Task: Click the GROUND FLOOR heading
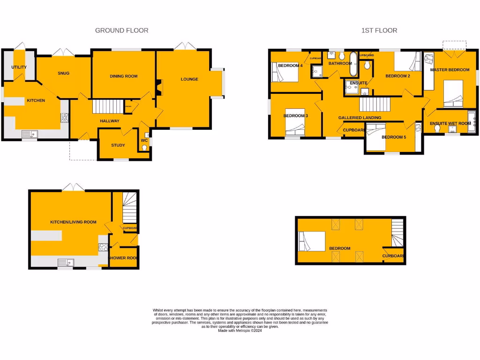(121, 30)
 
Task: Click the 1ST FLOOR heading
(379, 30)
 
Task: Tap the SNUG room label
(64, 73)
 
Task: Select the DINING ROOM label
(123, 76)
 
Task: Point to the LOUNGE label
(189, 79)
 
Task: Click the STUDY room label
(118, 145)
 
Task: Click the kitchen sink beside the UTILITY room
(30, 135)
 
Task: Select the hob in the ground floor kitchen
(65, 118)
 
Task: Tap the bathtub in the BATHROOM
(353, 64)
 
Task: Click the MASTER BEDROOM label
(450, 70)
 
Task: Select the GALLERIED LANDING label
(360, 118)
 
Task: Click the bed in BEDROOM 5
(375, 137)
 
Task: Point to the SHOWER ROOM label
(123, 258)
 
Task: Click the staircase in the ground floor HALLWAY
(107, 106)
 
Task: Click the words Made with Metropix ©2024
(240, 331)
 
